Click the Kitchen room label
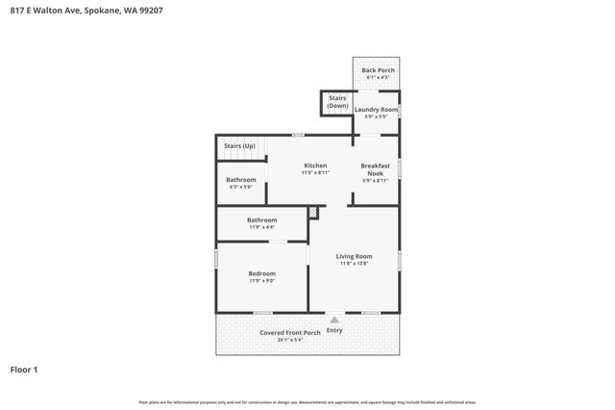tap(315, 166)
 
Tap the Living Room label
tap(354, 256)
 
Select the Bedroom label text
tap(262, 273)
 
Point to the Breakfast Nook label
tap(376, 169)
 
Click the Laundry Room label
tap(376, 110)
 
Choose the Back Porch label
tap(378, 70)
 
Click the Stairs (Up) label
tap(239, 145)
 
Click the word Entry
tap(334, 330)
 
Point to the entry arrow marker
tap(333, 320)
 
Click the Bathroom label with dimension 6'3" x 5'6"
tap(241, 180)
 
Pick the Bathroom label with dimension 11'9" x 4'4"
tap(262, 219)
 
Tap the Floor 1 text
tap(24, 370)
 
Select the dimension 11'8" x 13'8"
tap(354, 264)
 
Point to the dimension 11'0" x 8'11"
tap(315, 173)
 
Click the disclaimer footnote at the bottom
tap(307, 401)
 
